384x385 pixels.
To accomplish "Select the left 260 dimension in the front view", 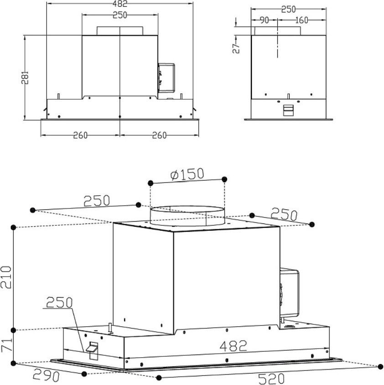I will (80, 135).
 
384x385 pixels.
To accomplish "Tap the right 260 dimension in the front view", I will (159, 135).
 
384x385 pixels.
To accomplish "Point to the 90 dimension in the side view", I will (264, 20).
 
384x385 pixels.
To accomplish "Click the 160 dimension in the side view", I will (301, 20).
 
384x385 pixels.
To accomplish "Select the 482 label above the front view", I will (120, 3).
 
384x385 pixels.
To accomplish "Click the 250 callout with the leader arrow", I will (59, 303).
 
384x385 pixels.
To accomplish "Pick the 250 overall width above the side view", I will (288, 9).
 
